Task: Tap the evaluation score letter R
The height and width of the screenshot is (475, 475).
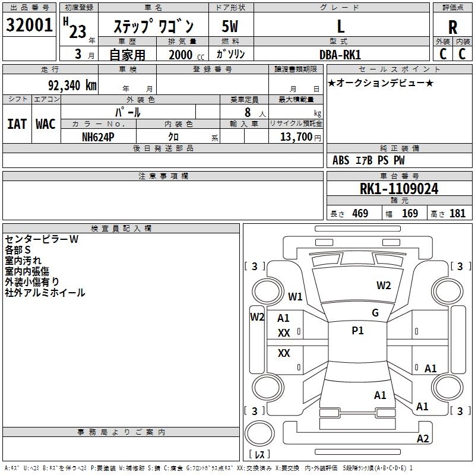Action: coord(452,27)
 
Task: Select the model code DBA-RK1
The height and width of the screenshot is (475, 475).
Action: coord(341,54)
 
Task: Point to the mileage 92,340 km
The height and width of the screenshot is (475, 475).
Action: coord(72,85)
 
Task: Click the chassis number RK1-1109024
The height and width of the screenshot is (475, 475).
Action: coord(399,189)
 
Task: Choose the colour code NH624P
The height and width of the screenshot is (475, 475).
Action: coord(99,137)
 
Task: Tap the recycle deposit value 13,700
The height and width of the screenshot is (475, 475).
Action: coord(293,137)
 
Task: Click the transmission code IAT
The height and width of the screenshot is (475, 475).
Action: coord(17,123)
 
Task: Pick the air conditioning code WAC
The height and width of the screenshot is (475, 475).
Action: coord(45,123)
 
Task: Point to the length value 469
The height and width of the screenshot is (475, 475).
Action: coord(360,214)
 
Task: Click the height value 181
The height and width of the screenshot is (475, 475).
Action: coord(457,214)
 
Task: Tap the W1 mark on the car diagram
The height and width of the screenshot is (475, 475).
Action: coord(295,296)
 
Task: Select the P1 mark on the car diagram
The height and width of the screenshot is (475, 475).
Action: coord(357,331)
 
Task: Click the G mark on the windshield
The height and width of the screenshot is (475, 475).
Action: coord(375,313)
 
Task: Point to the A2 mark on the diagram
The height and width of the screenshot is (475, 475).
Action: coord(423,439)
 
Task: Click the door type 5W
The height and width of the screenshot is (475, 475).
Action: coord(230,27)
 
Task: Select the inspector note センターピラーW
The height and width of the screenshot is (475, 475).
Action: coord(42,239)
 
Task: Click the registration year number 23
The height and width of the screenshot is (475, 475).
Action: coord(77,31)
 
